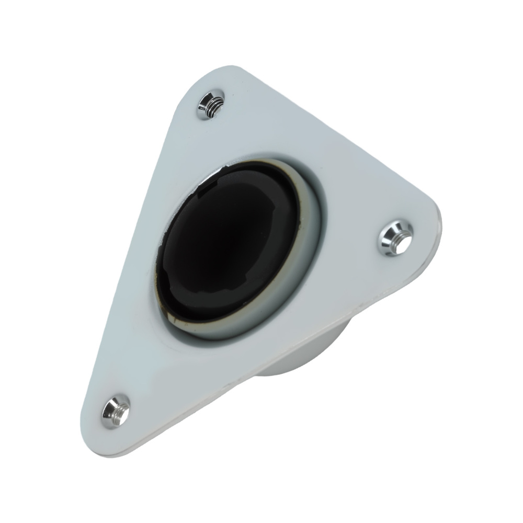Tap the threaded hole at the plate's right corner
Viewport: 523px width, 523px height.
(395, 238)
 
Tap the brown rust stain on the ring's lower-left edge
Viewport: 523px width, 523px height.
(165, 310)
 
